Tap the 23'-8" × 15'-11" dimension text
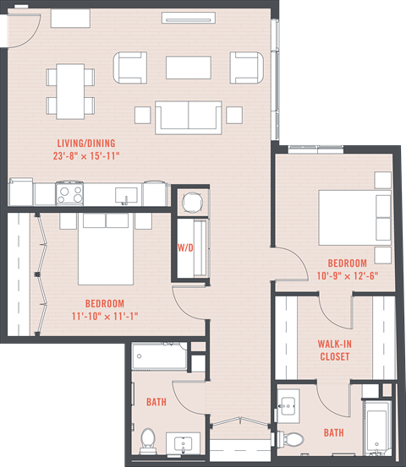point(98,155)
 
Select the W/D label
point(185,249)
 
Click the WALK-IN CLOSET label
point(334,350)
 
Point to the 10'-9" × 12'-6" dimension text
point(348,275)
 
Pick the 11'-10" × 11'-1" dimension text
point(104,317)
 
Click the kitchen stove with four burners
point(69,193)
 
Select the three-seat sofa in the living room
point(188,115)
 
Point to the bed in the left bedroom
point(105,249)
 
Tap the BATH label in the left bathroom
point(155,403)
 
